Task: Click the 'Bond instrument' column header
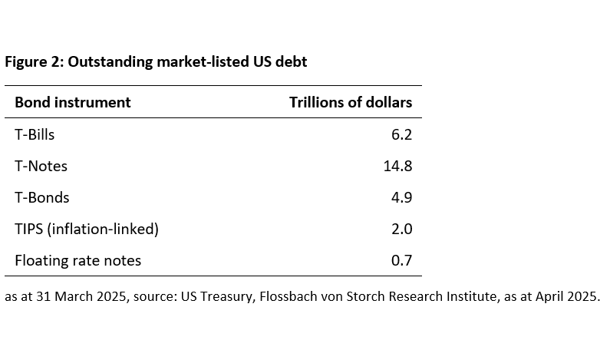coord(73,102)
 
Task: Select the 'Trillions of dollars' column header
coord(350,102)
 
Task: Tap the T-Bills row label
coord(35,134)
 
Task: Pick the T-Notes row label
coord(41,166)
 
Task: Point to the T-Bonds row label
coord(42,197)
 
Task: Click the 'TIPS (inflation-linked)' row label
coord(87,229)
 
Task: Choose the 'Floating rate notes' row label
coord(78,260)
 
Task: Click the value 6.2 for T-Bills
coord(401,134)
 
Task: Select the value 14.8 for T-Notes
coord(397,166)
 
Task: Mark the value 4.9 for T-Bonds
coord(401,197)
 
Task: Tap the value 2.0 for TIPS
coord(401,229)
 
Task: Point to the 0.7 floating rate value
coord(401,260)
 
